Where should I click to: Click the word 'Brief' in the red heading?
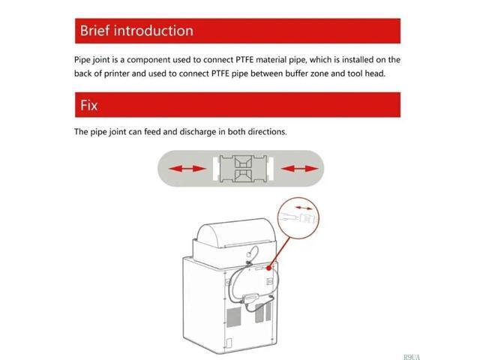94,31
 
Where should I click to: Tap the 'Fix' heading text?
88,105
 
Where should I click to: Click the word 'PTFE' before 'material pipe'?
244,60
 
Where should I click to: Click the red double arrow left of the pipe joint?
187,168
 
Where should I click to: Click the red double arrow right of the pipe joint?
299,168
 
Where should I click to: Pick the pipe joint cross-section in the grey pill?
243,169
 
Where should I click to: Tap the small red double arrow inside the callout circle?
304,208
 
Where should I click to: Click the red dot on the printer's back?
268,268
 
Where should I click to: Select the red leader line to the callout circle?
280,252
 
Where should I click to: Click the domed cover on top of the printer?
235,233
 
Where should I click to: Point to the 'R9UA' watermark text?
412,357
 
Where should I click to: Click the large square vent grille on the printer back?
233,317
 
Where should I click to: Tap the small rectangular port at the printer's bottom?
229,343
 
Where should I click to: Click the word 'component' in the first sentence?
148,60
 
